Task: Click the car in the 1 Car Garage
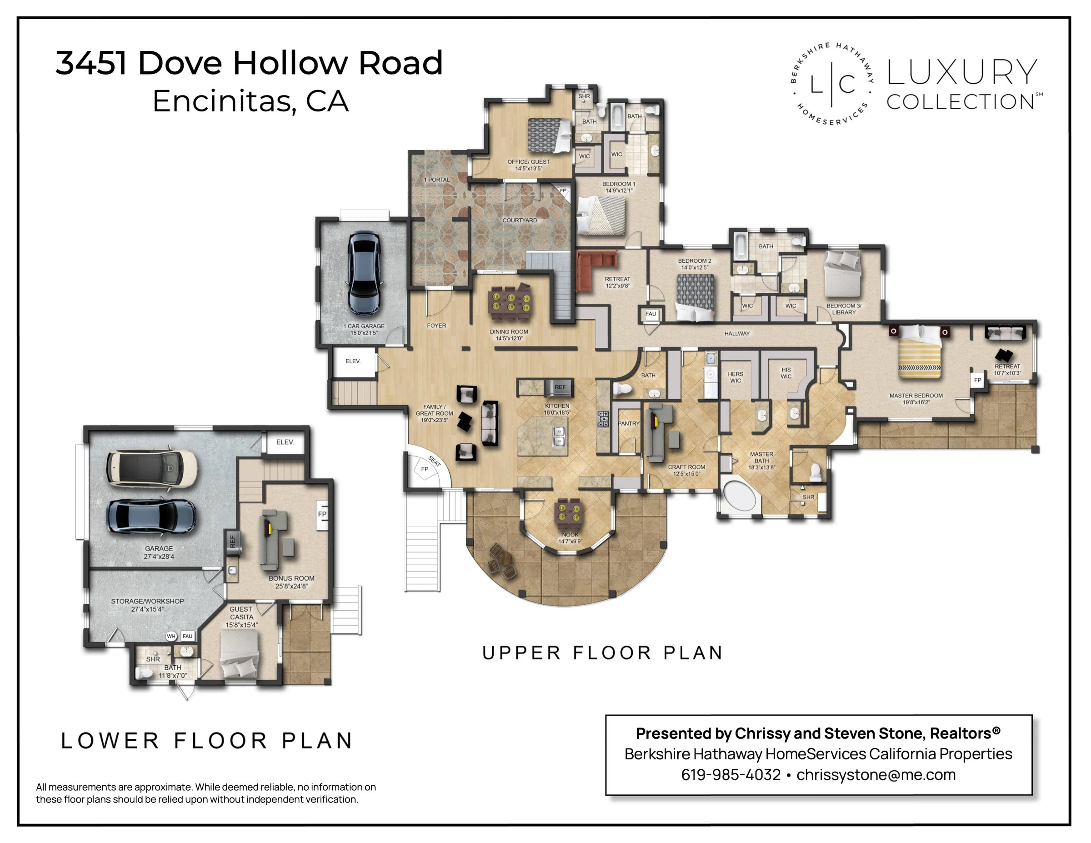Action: tap(364, 272)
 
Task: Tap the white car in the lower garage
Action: tap(152, 468)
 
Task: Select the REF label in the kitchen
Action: tap(560, 387)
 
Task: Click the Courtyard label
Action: tap(520, 221)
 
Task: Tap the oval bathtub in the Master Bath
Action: tap(741, 496)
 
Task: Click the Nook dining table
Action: tap(570, 514)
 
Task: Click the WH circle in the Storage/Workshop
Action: tap(171, 636)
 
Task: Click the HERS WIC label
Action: tap(736, 377)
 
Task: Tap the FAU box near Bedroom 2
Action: tap(651, 314)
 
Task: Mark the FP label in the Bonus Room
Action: tap(322, 514)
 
